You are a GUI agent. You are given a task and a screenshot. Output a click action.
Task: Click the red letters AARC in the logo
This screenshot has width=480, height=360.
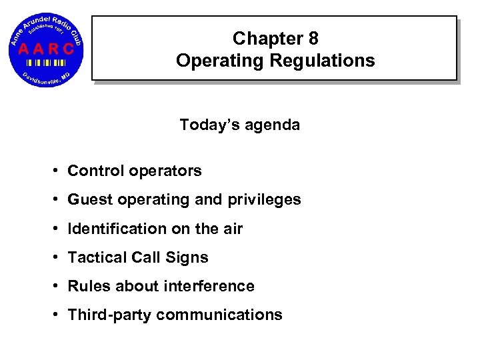pos(46,49)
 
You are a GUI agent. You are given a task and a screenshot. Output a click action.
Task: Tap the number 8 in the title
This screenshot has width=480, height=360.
pos(312,39)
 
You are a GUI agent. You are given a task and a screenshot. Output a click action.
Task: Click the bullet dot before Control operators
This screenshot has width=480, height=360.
pos(58,171)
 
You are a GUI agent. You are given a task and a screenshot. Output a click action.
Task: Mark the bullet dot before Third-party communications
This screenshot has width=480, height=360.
pos(58,315)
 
